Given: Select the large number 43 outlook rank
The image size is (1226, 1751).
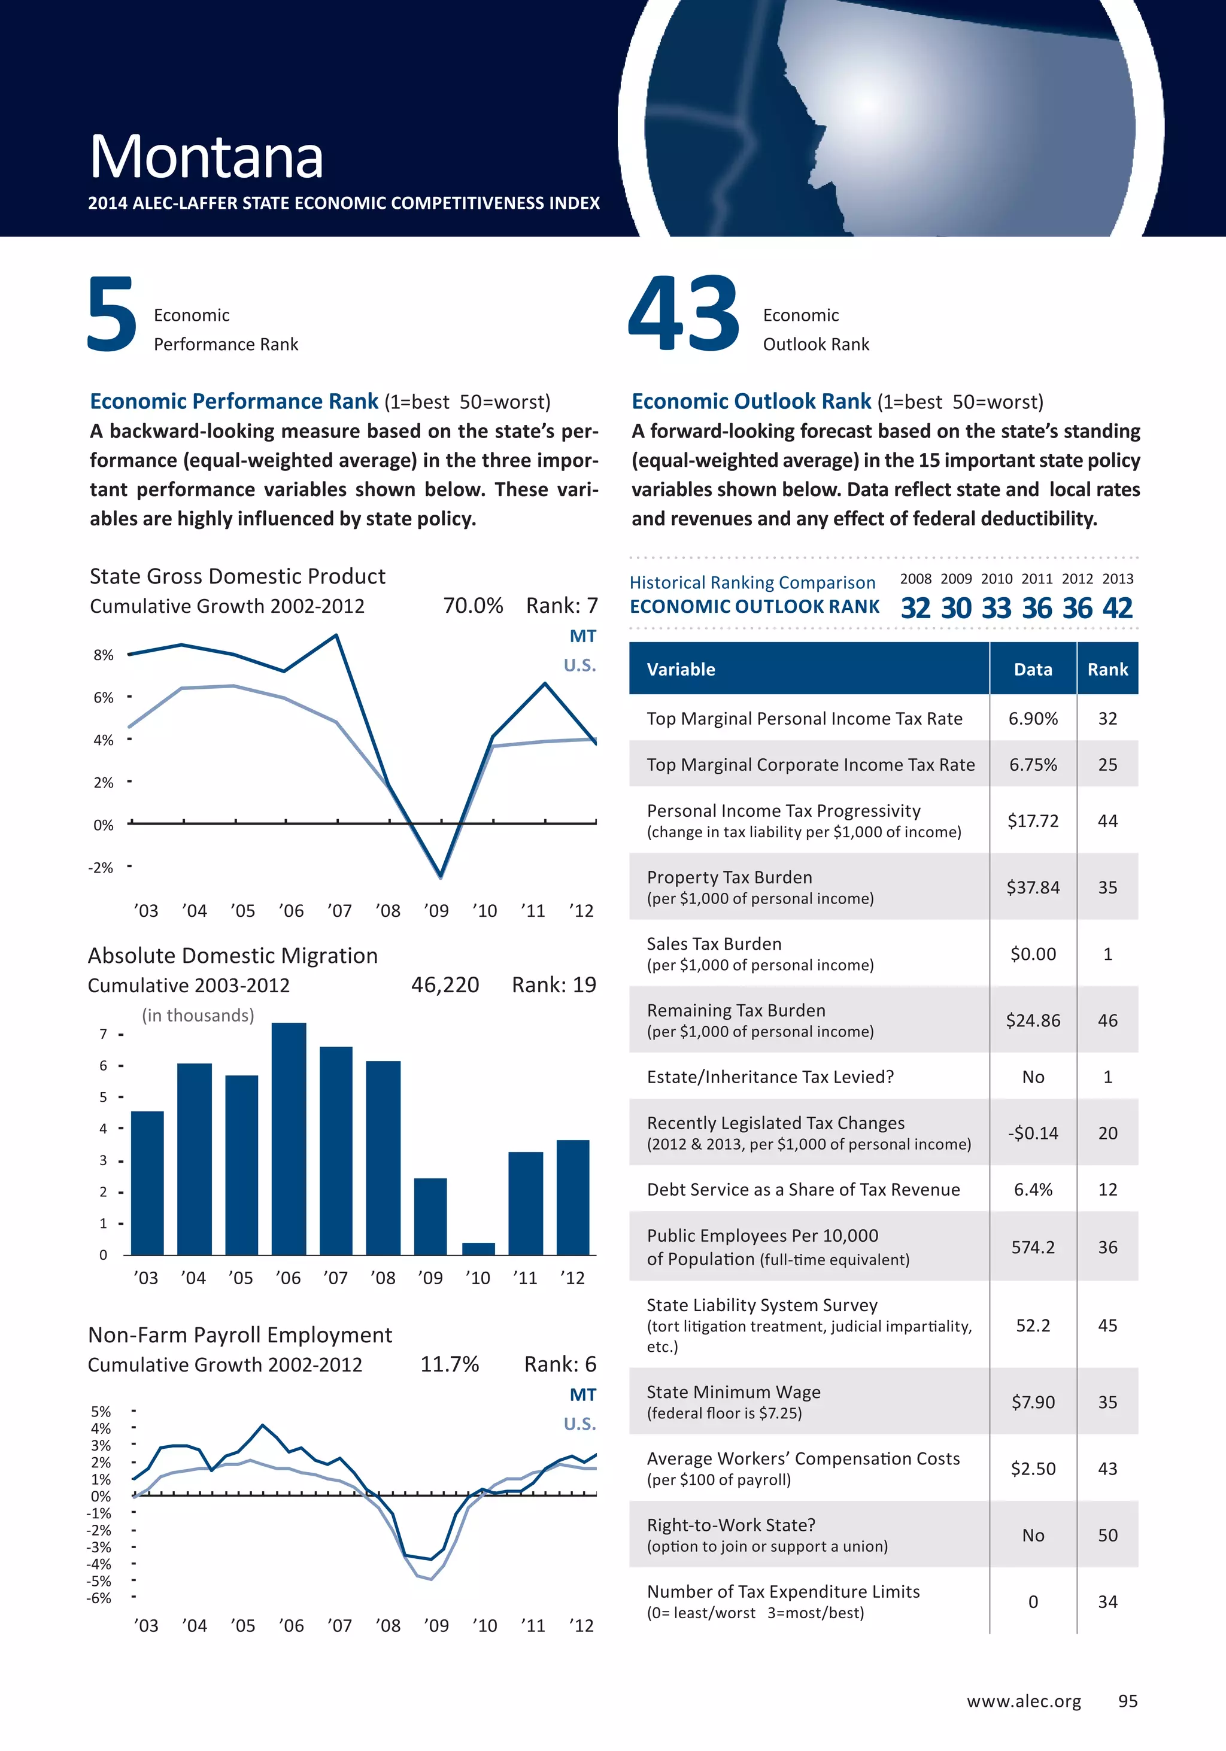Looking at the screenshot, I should pos(684,314).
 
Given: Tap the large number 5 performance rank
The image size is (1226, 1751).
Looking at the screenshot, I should pos(112,314).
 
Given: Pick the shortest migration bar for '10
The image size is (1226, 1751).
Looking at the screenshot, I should pos(478,1248).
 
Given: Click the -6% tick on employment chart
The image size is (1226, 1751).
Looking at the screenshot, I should pos(99,1598).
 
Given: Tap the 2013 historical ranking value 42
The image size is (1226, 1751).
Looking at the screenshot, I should pos(1118,608).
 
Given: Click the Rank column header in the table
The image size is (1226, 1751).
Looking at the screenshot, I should pos(1107,670).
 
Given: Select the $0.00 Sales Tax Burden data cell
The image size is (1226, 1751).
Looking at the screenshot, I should pos(1033,954).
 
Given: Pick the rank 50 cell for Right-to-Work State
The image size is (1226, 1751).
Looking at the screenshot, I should pos(1107,1535).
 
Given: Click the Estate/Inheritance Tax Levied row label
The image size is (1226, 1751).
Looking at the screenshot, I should pos(770,1077).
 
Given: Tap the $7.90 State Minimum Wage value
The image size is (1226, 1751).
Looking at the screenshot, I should pos(1033,1402).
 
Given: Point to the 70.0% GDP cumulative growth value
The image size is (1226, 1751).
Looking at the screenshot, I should pos(473,606).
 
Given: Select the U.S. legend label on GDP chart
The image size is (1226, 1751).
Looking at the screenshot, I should pos(580,665).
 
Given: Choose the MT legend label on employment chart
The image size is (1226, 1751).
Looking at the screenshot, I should pos(583,1395).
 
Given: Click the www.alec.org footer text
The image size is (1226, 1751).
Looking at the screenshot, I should pos(1024,1701).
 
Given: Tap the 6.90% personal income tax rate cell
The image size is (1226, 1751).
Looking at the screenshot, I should pos(1033,718).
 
